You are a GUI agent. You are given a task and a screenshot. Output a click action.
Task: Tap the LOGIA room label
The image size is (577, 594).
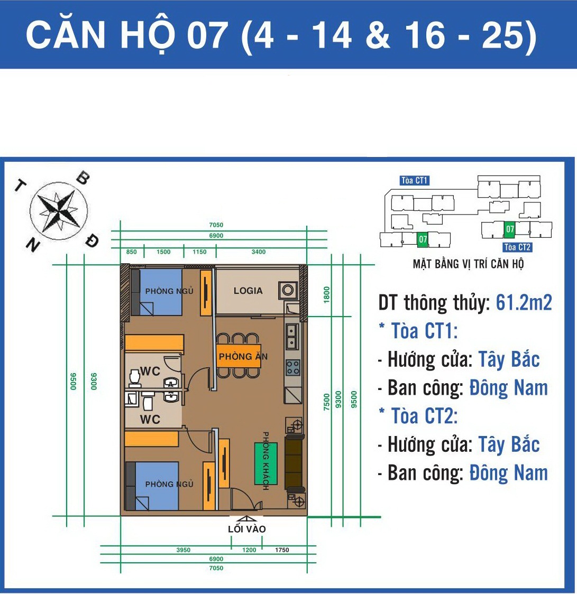pos(248,291)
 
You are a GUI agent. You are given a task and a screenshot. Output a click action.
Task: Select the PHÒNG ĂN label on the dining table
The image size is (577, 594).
pos(243,357)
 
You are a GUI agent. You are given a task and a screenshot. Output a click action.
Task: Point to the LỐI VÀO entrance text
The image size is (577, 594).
pos(247,529)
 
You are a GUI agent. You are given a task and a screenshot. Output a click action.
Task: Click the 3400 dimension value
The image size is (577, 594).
pos(259,252)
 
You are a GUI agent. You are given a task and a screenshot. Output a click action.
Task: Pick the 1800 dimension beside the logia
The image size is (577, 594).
pos(327,294)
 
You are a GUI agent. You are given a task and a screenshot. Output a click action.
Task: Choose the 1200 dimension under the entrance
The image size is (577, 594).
pos(249,550)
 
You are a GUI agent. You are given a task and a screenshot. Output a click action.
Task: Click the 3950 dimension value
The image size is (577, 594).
pos(183,550)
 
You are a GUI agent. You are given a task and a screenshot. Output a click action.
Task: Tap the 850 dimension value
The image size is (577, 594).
pos(132,252)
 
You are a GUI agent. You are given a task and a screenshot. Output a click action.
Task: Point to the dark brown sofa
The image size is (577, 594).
pos(294,462)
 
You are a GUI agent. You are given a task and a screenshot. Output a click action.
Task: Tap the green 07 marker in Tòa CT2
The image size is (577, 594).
pos(510,229)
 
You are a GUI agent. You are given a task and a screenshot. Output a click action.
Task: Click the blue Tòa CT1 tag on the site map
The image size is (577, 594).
pos(415,181)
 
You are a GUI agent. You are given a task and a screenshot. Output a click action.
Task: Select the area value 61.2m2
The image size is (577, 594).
pos(524,303)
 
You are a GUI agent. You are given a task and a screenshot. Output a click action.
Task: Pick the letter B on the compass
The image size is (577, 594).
pos(83,179)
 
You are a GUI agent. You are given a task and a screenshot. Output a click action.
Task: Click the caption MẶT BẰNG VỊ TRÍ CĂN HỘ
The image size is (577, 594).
pos(468,264)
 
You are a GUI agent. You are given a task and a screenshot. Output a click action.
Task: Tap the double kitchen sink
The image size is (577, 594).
pos(291,337)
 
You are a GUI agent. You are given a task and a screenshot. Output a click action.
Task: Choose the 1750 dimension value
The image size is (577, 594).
pos(282,550)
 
